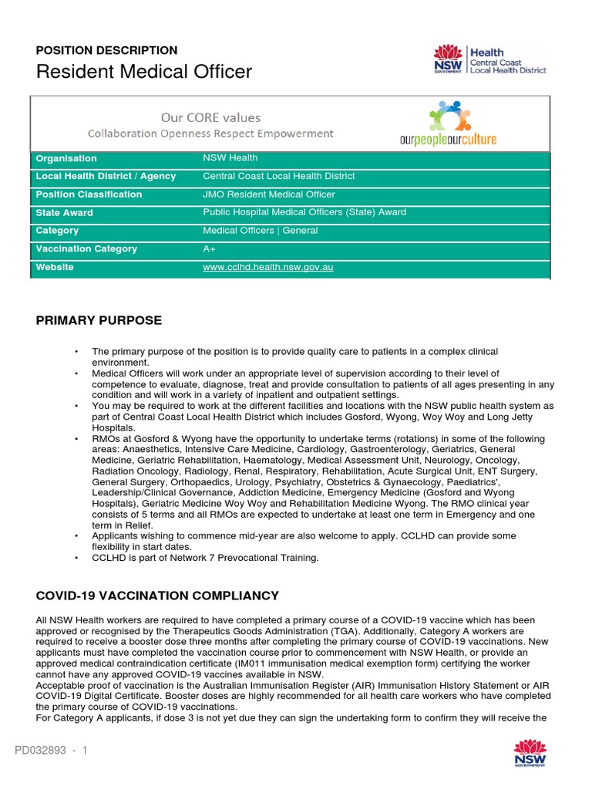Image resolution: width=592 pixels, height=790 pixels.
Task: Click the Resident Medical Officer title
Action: click(143, 73)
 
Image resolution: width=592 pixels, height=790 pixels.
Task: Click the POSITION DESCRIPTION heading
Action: click(106, 50)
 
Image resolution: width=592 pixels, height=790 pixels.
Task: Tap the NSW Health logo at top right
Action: click(490, 60)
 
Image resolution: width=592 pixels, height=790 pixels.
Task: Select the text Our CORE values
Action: click(210, 117)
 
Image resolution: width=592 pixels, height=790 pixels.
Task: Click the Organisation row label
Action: click(66, 158)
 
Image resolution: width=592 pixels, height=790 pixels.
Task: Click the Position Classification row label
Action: click(89, 194)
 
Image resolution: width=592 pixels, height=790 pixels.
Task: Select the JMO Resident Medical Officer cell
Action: click(268, 194)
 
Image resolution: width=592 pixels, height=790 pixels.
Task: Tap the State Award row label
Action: click(64, 213)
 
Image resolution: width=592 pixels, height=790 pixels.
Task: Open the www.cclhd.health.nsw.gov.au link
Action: click(267, 267)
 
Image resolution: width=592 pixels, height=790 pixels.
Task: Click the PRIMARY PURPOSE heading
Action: click(99, 320)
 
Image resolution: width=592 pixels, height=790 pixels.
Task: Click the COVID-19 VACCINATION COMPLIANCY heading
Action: click(157, 596)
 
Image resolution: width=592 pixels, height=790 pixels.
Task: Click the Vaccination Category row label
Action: click(86, 248)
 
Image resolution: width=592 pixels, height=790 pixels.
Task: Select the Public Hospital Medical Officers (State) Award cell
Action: click(304, 212)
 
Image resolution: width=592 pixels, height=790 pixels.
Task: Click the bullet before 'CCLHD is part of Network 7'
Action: click(76, 558)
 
